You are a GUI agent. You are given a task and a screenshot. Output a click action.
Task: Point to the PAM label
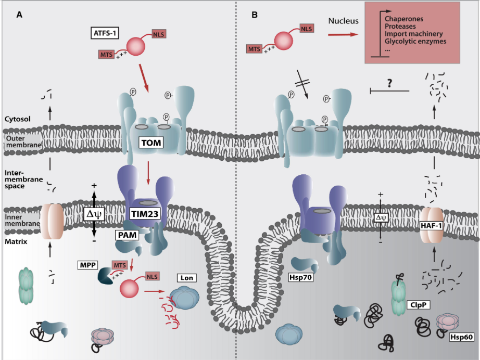pyautogui.click(x=125, y=236)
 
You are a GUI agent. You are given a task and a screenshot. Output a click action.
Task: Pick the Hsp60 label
pyautogui.click(x=461, y=337)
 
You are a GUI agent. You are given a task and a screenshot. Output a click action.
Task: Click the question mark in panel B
pyautogui.click(x=389, y=83)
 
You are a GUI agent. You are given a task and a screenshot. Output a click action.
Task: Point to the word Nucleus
pyautogui.click(x=344, y=21)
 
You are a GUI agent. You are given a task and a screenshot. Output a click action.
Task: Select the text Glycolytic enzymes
pyautogui.click(x=415, y=41)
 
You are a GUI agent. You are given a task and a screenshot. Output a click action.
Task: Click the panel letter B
pyautogui.click(x=254, y=15)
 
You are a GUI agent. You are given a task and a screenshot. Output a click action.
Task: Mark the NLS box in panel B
pyautogui.click(x=308, y=29)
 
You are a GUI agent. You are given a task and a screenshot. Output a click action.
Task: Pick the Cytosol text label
pyautogui.click(x=18, y=119)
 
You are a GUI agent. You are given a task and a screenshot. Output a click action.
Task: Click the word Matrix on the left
pyautogui.click(x=16, y=242)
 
